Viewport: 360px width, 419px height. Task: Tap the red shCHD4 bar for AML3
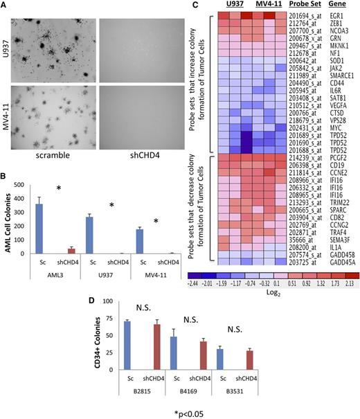click(x=69, y=251)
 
